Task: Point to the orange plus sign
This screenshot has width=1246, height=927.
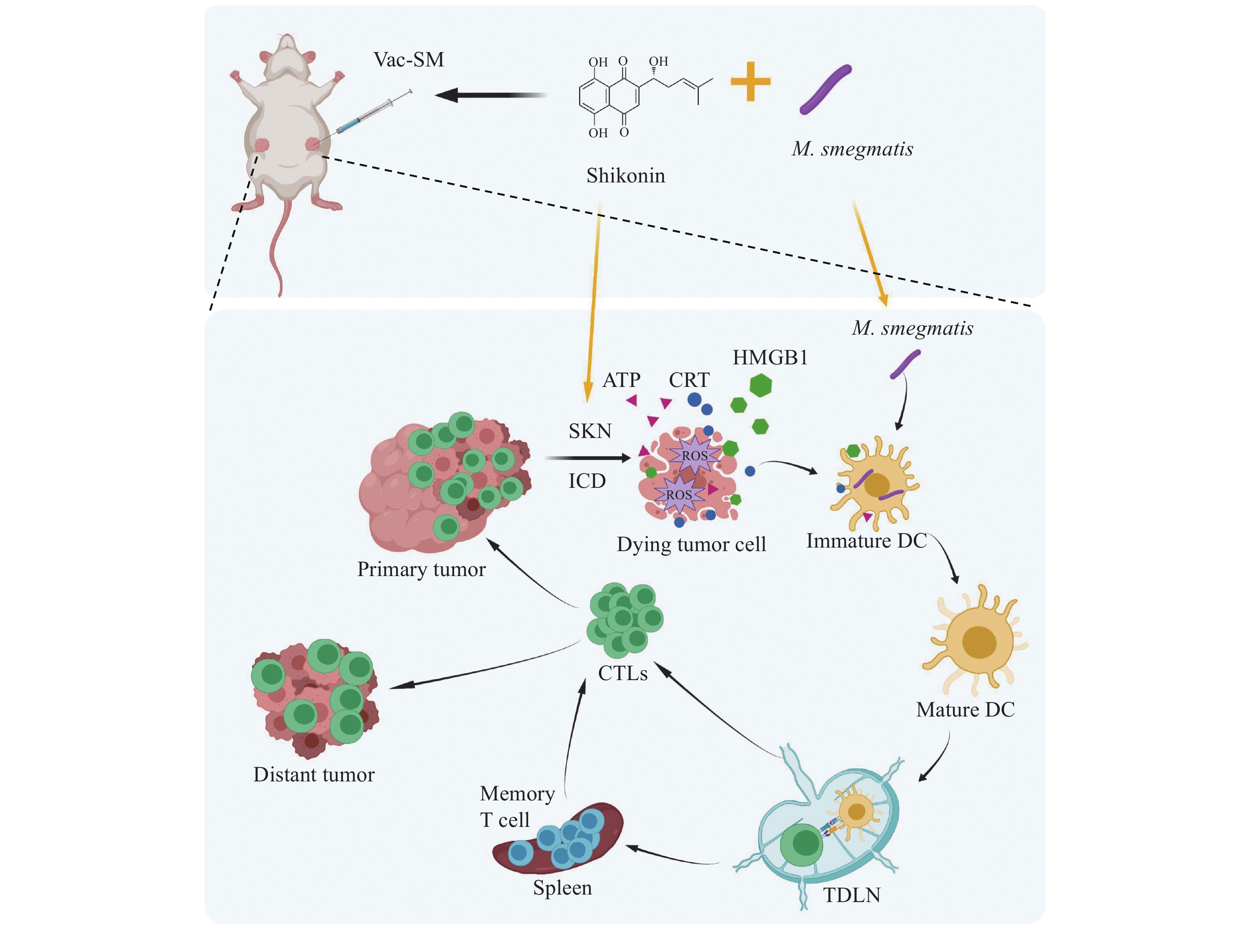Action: [x=750, y=82]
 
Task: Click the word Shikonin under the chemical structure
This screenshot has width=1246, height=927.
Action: [x=625, y=176]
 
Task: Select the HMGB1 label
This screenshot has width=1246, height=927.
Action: [x=770, y=357]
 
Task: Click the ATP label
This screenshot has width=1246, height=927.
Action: [x=621, y=380]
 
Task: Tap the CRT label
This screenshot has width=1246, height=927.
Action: [x=689, y=380]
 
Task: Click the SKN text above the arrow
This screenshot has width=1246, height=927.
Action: [x=590, y=431]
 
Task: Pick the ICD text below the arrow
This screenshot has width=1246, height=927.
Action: [x=587, y=481]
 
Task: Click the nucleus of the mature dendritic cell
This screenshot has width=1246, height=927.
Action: [x=979, y=643]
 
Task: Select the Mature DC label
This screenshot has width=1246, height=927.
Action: [x=965, y=709]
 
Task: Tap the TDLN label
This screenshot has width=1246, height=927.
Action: [x=851, y=895]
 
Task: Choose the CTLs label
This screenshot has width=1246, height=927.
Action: [x=622, y=673]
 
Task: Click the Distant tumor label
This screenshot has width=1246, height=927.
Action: [x=314, y=774]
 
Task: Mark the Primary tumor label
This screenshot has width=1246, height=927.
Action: [x=421, y=569]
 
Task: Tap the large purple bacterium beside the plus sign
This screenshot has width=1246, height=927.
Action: [x=825, y=90]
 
